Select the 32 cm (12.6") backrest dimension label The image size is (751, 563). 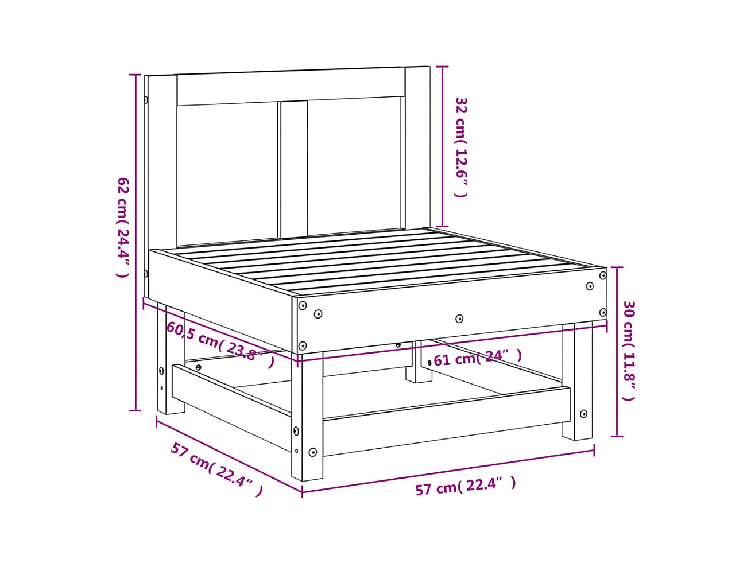461,147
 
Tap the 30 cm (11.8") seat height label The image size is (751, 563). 629,351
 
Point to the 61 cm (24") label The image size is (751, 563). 478,358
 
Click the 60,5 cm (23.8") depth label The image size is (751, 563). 220,344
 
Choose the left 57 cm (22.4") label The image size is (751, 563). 217,469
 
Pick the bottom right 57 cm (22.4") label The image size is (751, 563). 465,486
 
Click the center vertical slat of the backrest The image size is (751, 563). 292,169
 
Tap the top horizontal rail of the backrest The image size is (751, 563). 291,87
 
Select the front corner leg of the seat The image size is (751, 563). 307,416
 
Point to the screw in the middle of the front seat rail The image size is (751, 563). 459,319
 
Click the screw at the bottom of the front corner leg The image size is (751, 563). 312,452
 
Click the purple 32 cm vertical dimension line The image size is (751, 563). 443,146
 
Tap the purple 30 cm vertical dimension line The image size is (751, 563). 617,352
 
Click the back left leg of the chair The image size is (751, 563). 171,358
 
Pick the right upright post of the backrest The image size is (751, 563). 418,147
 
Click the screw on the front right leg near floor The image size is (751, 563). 584,414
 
